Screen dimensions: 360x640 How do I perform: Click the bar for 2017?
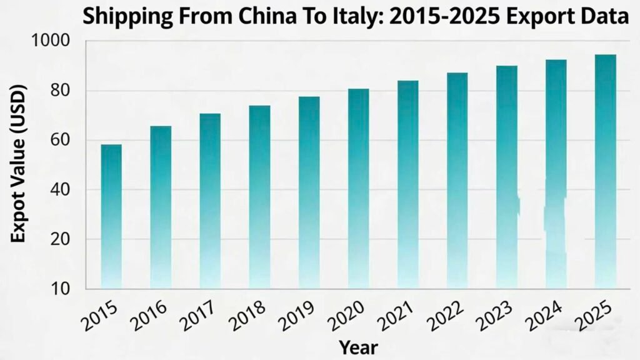(210, 201)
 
